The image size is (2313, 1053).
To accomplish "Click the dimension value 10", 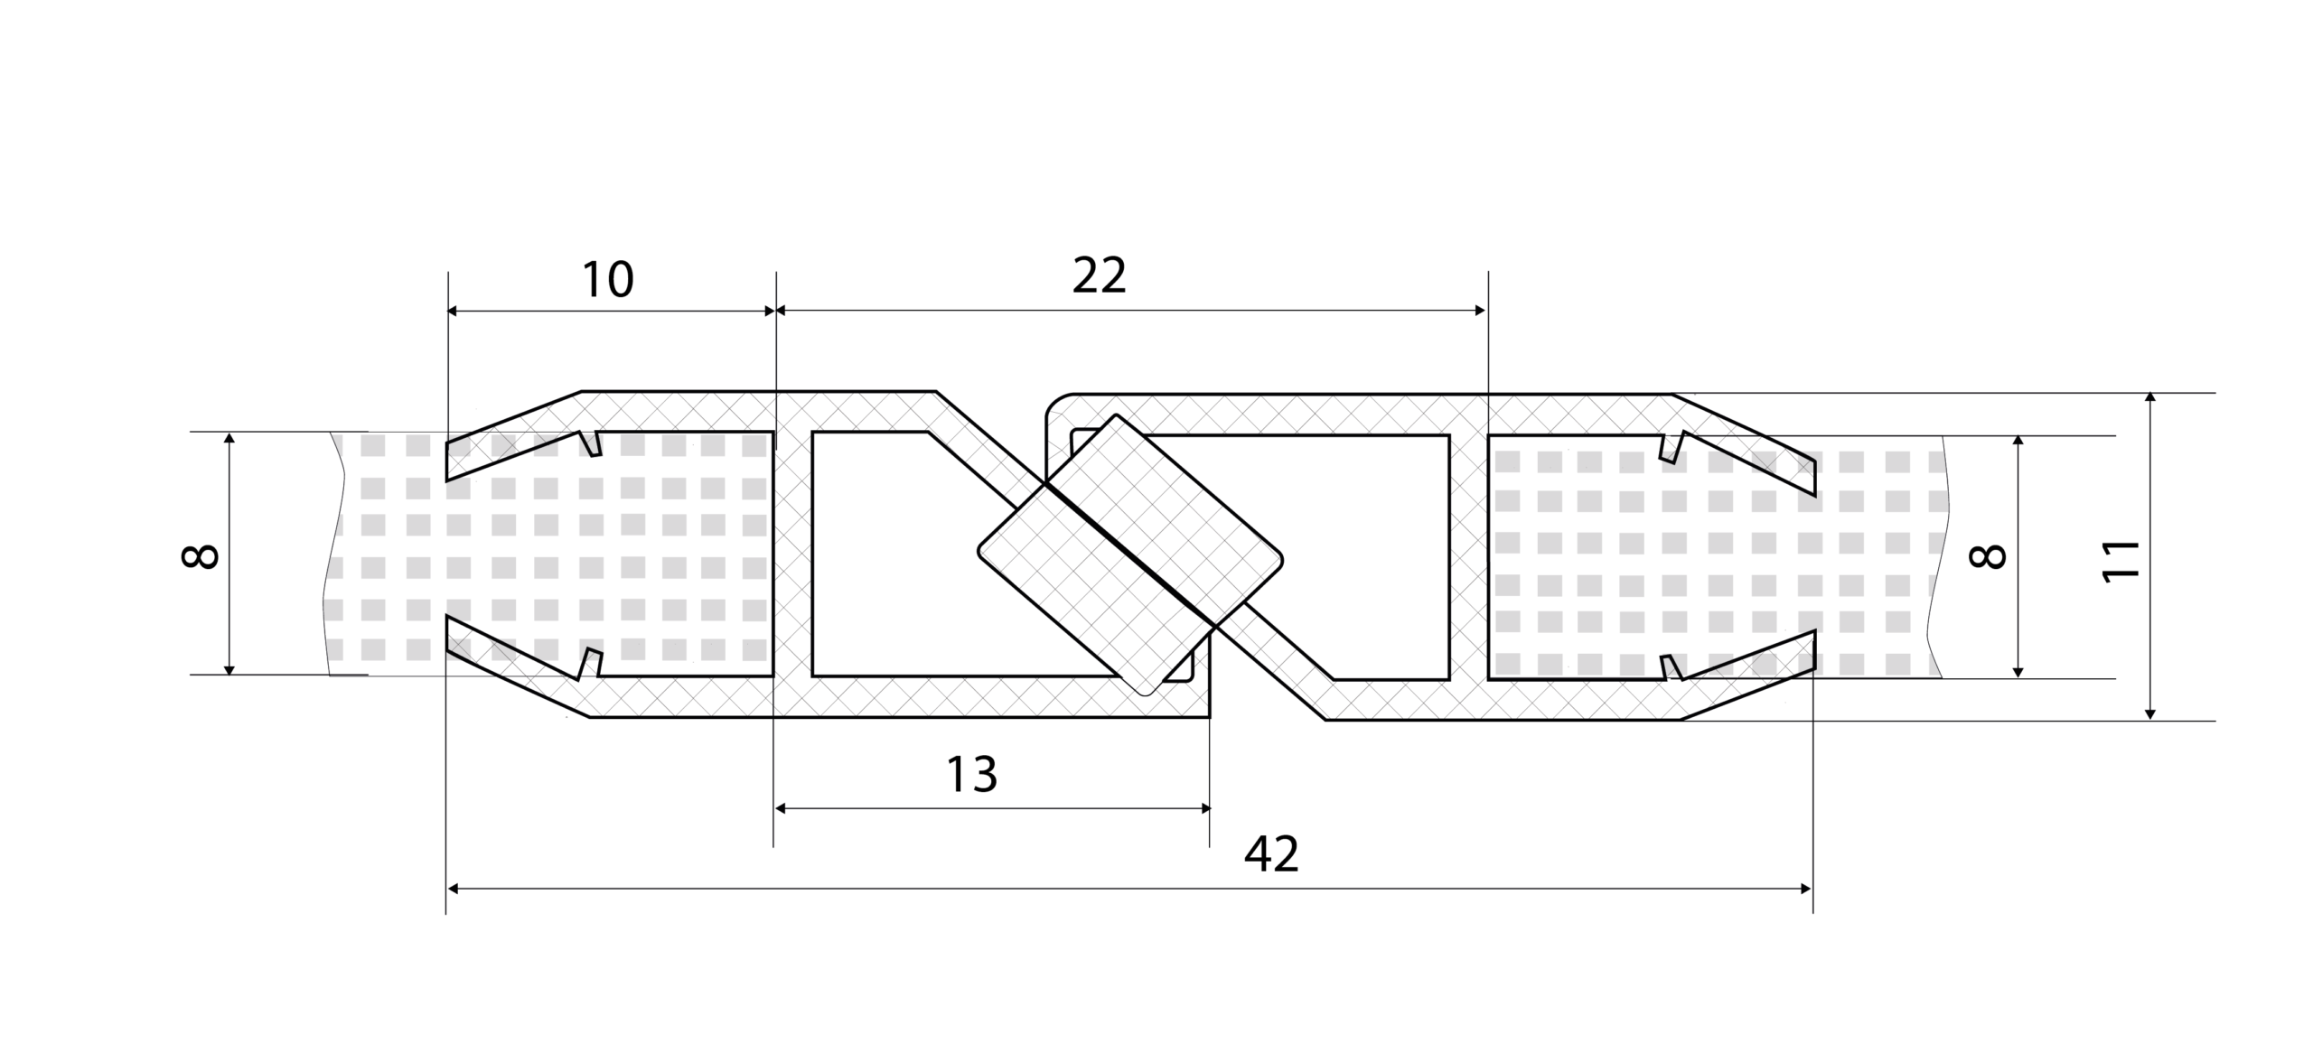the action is click(607, 280).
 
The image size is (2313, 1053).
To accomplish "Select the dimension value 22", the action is click(1099, 275).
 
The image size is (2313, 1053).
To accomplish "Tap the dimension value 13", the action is click(971, 774).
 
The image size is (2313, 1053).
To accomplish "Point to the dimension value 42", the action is click(1271, 854).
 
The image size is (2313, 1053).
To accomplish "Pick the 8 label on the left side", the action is click(200, 555).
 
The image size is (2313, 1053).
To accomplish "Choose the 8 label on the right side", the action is click(1987, 556).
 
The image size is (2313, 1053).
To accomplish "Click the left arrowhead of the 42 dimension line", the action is click(454, 889).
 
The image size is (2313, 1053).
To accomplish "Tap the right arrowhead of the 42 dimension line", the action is click(1806, 889).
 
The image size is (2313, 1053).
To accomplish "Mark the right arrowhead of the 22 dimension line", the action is click(1480, 311).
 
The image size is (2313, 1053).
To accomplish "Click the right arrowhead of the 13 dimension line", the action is click(1203, 808).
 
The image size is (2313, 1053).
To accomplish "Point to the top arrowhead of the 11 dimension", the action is click(2150, 400).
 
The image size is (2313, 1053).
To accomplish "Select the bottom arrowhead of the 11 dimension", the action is click(2150, 713).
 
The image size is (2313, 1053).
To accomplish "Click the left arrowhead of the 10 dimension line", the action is click(454, 311).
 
